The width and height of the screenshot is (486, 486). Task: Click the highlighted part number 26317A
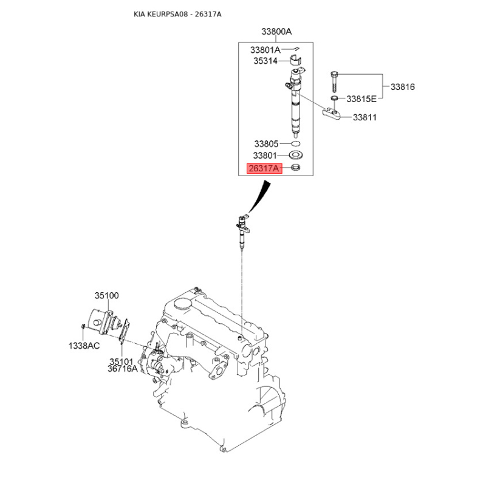[x=264, y=168]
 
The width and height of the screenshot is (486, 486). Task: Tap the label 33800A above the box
[x=276, y=32]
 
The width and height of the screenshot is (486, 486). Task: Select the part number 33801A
[x=265, y=50]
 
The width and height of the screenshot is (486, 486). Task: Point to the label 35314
[x=265, y=61]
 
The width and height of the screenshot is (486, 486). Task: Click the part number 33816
[x=403, y=87]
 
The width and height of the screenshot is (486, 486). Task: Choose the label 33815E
[x=361, y=99]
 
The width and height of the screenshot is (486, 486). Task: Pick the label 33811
[x=365, y=117]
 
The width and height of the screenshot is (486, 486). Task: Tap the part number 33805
[x=266, y=144]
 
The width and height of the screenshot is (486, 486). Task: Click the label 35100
[x=107, y=295]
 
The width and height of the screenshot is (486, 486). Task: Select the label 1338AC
[x=84, y=346]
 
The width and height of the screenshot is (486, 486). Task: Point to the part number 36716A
[x=123, y=369]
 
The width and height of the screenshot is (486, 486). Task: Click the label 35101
[x=121, y=361]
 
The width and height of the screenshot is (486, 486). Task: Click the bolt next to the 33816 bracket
[x=334, y=82]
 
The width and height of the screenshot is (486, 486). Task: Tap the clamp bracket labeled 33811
[x=331, y=113]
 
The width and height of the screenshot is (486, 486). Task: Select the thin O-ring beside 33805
[x=296, y=144]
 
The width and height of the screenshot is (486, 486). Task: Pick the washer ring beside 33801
[x=296, y=155]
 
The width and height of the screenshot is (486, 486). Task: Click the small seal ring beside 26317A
[x=296, y=168]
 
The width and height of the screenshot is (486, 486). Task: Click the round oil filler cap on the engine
[x=182, y=303]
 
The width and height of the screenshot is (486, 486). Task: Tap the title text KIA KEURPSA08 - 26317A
[x=177, y=14]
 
